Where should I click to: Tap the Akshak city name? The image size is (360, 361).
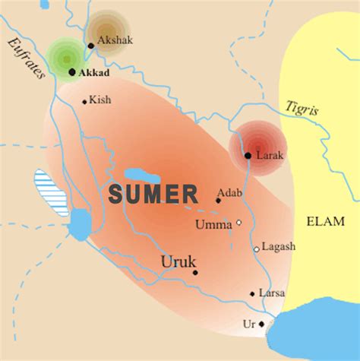coord(115,40)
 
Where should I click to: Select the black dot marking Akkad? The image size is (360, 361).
coord(72,72)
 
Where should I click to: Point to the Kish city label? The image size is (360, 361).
coord(100,100)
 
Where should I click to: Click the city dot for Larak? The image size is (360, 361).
coord(248,155)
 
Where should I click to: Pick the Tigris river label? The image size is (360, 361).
coord(302,109)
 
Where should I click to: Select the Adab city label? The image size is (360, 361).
coord(229,193)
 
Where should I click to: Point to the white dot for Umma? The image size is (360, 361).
coord(238,223)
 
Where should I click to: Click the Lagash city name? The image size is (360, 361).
coord(279,247)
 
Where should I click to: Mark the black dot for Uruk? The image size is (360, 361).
coord(195,272)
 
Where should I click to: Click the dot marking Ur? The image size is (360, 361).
coord(261,324)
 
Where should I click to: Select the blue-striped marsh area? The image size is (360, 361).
coord(51,195)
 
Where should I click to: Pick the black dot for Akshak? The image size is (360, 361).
coord(90,46)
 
